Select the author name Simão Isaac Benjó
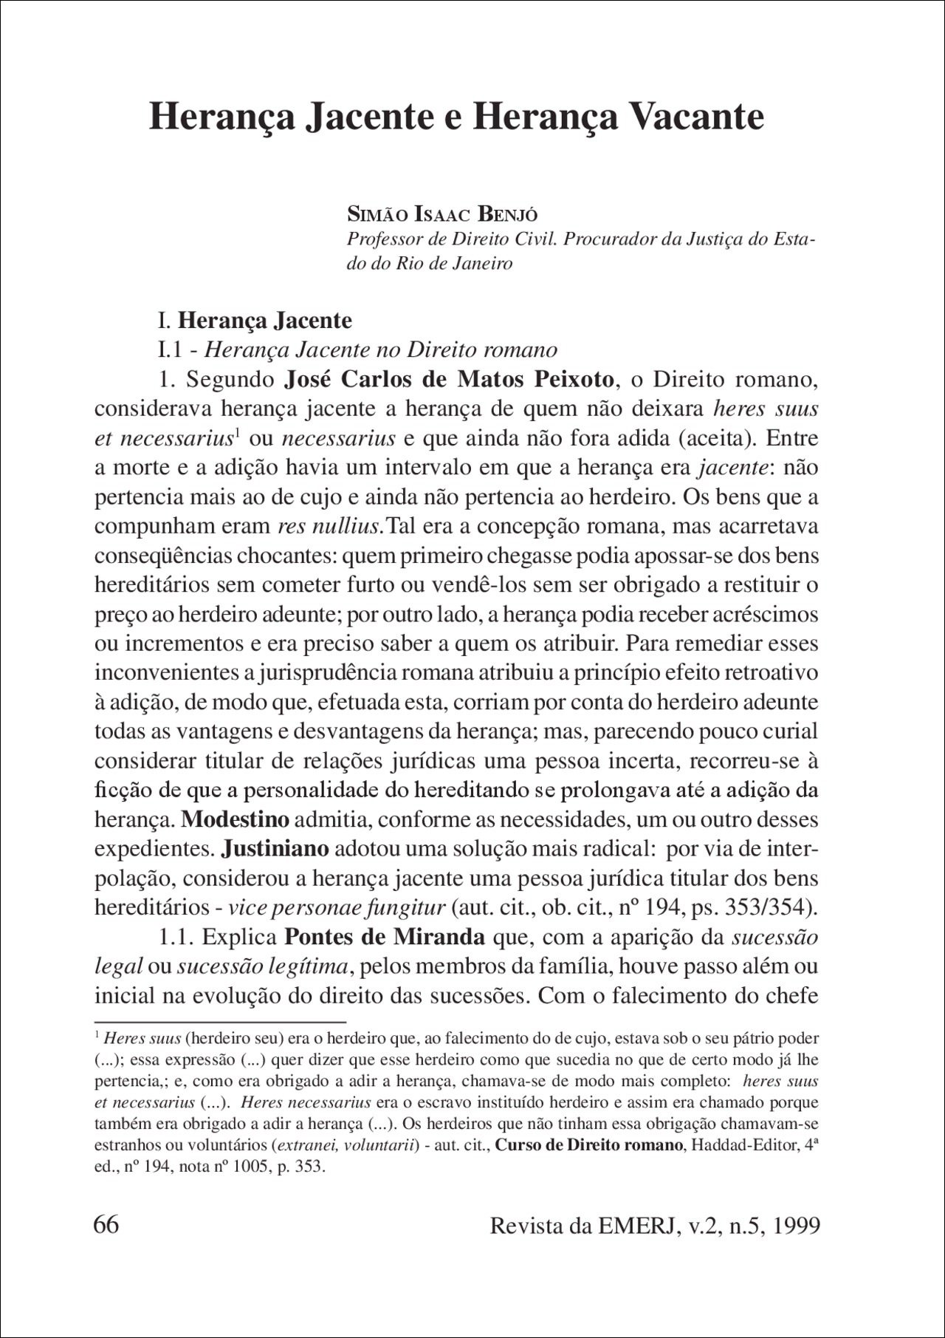coord(442,216)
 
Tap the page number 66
coord(106,1224)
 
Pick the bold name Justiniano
coord(275,849)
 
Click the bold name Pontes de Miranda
coord(385,938)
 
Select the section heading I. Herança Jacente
coord(255,321)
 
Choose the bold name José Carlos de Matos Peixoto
coord(449,380)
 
